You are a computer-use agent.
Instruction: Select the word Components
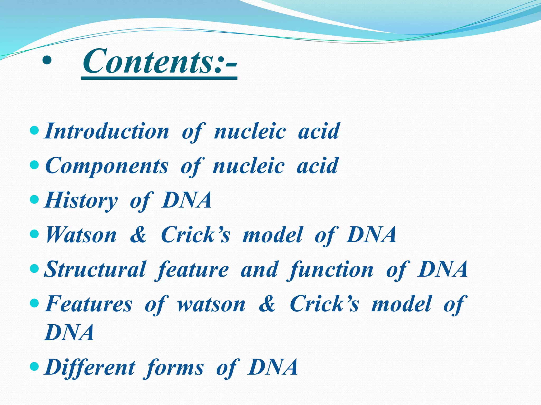tap(107, 166)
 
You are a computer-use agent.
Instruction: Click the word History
tap(81, 200)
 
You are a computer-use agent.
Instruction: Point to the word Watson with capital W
tap(81, 235)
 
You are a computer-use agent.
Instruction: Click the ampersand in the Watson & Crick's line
tap(138, 235)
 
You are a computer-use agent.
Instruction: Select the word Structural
tap(95, 269)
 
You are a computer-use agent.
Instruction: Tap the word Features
tap(88, 304)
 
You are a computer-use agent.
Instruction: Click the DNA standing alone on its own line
tap(69, 332)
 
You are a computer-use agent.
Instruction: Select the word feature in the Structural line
tap(192, 270)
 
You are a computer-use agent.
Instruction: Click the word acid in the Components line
tap(317, 166)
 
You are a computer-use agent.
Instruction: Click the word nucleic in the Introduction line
tap(250, 131)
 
